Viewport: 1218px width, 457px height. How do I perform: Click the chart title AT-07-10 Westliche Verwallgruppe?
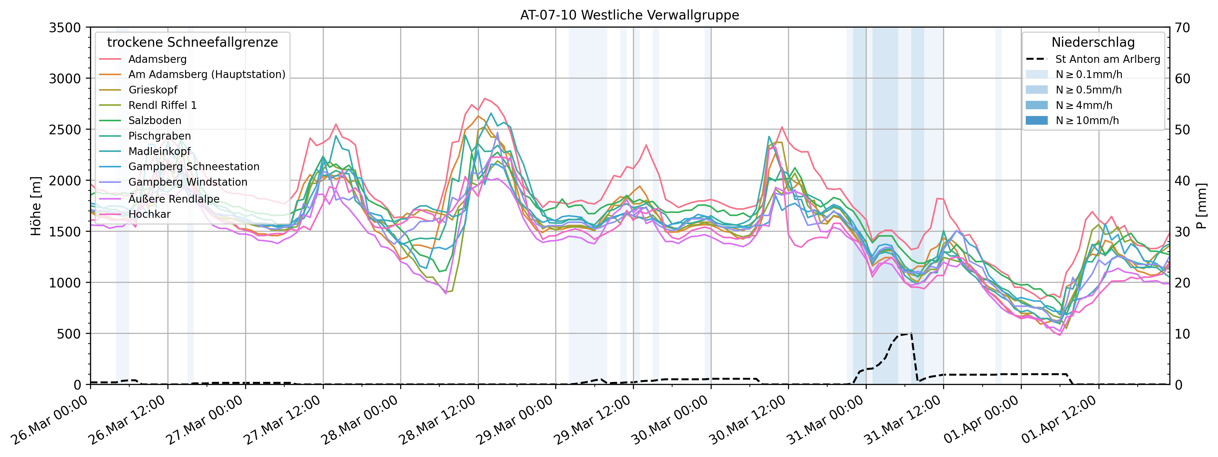coord(629,15)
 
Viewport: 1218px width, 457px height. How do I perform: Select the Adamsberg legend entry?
coord(158,59)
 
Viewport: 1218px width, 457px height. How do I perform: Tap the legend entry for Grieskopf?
coord(153,90)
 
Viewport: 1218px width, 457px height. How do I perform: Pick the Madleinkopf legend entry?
coord(159,151)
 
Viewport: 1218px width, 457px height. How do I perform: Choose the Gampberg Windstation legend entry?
coord(188,182)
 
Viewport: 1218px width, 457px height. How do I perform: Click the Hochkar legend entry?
coord(150,214)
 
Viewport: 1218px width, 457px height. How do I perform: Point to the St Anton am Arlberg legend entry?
coord(1107,59)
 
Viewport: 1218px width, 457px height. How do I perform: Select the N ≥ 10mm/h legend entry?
coord(1087,120)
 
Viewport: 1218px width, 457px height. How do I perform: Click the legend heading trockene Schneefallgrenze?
coord(193,42)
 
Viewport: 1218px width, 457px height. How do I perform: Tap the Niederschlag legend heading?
coord(1093,42)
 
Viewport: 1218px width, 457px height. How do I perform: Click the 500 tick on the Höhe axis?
coord(70,334)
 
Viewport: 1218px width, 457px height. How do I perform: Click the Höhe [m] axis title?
coord(36,206)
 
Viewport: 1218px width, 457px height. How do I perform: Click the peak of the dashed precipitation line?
coord(910,334)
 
